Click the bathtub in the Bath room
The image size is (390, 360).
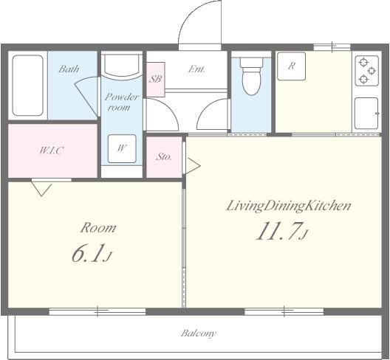click(27, 86)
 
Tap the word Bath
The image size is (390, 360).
click(69, 69)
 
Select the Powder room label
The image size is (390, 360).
click(121, 102)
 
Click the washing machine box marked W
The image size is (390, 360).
click(122, 149)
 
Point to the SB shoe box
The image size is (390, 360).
click(155, 79)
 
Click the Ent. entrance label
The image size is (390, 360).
click(196, 69)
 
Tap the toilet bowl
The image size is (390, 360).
click(252, 76)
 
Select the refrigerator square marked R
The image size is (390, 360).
click(291, 66)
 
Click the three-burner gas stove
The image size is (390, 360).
click(367, 71)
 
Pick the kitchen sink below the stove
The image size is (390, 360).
click(366, 114)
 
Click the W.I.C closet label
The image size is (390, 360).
click(52, 150)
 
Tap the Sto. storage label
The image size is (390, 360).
click(164, 157)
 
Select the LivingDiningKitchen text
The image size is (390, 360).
click(288, 207)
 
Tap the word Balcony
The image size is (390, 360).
click(198, 333)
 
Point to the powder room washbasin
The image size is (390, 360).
click(122, 65)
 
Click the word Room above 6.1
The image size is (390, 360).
click(98, 228)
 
